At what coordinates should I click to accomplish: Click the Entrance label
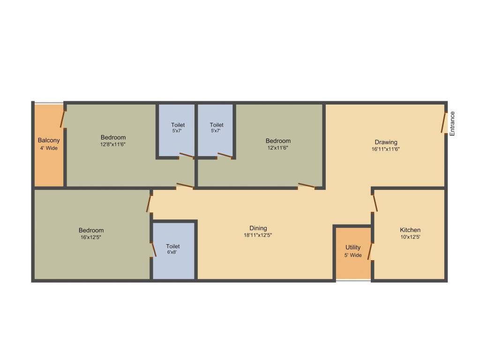[452, 124]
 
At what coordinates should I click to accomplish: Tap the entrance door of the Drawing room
[443, 122]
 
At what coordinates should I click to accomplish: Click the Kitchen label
[410, 230]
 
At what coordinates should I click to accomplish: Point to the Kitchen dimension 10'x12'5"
[410, 237]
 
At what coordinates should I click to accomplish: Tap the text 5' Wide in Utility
[353, 255]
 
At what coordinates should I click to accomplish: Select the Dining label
[258, 228]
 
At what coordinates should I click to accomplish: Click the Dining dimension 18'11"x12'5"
[258, 235]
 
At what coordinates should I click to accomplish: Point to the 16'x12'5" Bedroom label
[91, 230]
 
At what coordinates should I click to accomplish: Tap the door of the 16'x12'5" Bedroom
[149, 203]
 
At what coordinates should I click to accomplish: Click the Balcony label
[49, 140]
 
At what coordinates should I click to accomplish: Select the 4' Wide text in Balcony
[49, 148]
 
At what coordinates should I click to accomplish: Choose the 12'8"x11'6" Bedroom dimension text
[113, 144]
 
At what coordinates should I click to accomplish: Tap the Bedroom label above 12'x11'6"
[278, 141]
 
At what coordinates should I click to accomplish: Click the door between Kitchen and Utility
[370, 251]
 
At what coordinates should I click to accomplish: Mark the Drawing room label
[386, 142]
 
